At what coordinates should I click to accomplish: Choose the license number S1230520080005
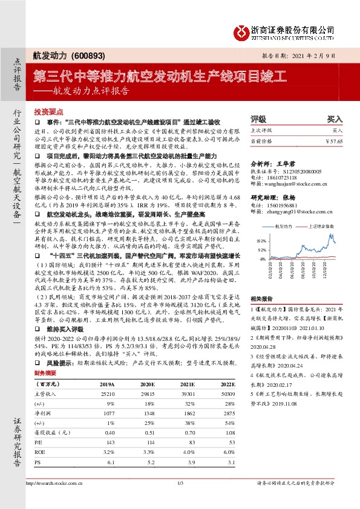click(x=301, y=170)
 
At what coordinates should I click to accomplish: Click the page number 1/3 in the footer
click(x=179, y=483)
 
